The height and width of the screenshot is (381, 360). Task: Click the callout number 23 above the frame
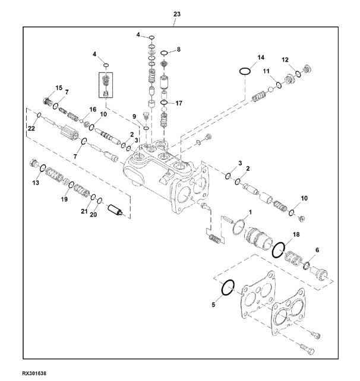tap(177, 14)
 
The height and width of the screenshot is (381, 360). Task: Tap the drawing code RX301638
tap(34, 373)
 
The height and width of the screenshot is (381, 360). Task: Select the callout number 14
tap(261, 58)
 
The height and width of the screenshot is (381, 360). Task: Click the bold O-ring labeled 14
tap(245, 71)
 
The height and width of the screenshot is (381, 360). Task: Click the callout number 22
tap(31, 128)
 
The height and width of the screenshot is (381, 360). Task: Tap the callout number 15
tap(59, 88)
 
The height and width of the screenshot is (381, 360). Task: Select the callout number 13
tap(36, 182)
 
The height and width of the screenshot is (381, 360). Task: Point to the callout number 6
tap(317, 250)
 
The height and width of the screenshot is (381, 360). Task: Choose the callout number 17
tap(179, 103)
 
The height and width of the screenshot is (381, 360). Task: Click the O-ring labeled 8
tap(164, 53)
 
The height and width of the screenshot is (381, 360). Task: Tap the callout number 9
tap(134, 117)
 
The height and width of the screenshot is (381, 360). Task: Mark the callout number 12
tap(285, 60)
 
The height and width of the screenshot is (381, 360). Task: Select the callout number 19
tap(64, 199)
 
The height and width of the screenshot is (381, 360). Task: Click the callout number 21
tap(84, 211)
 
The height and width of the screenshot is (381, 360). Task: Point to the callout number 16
tap(93, 110)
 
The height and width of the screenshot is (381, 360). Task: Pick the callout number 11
tap(266, 71)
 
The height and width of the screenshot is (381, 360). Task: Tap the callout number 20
tap(93, 215)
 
